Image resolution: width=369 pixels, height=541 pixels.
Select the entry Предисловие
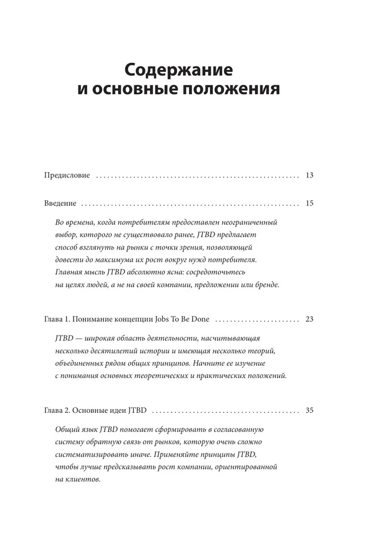(x=67, y=175)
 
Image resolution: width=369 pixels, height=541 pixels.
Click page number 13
(x=309, y=175)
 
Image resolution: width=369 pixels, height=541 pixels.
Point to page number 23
(x=309, y=319)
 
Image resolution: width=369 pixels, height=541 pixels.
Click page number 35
(x=309, y=410)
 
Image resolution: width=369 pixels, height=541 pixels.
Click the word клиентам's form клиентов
(x=83, y=478)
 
